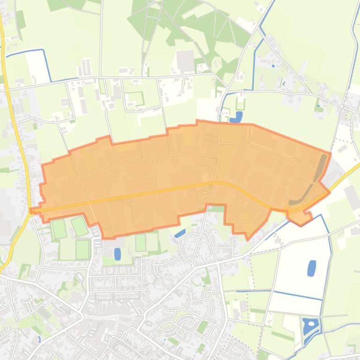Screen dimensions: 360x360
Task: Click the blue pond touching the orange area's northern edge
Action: (x=238, y=116)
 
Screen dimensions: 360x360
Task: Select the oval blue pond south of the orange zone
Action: (x=117, y=254)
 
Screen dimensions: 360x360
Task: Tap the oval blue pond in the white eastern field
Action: (x=311, y=268)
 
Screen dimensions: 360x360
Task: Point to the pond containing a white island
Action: (x=309, y=325)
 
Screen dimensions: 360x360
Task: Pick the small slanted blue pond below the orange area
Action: (x=179, y=233)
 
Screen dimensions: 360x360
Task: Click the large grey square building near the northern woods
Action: (x=185, y=61)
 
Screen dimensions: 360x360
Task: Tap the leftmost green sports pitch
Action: (x=59, y=229)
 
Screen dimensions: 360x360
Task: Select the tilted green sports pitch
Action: (x=80, y=226)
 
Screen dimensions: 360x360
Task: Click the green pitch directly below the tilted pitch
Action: (x=82, y=249)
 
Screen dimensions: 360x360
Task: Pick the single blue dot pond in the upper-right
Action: (x=273, y=66)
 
